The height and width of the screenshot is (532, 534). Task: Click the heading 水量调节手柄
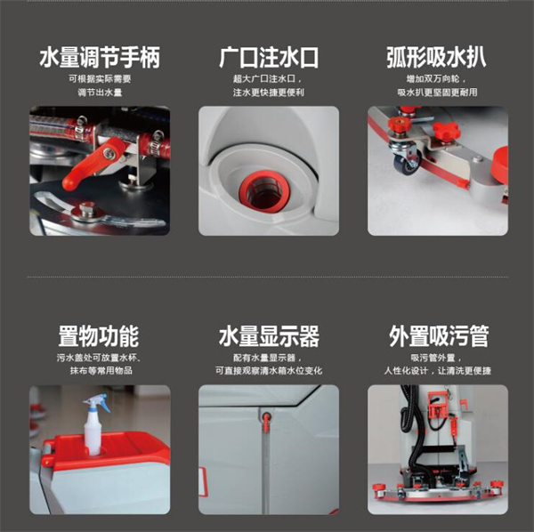tap(100, 57)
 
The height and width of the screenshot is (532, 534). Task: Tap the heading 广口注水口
tap(269, 57)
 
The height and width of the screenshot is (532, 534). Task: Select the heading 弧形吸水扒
tap(437, 57)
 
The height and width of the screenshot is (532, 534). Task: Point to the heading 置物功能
tap(99, 336)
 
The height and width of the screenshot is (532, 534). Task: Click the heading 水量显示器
tap(269, 336)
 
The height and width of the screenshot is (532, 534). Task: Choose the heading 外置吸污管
tap(439, 336)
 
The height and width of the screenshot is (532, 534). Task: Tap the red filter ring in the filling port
tap(263, 191)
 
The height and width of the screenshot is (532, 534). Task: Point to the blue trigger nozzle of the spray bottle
tap(98, 401)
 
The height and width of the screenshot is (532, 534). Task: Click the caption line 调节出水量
tap(100, 93)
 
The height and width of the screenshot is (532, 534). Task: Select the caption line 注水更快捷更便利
tap(269, 93)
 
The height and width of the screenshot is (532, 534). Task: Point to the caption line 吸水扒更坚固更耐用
tap(437, 93)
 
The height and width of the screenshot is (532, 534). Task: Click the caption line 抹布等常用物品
tap(101, 371)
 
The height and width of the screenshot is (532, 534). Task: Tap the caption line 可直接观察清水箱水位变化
tap(269, 371)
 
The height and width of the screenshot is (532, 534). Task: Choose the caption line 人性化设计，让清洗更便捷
tap(438, 371)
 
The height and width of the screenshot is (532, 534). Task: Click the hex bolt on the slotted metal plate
tap(87, 211)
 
